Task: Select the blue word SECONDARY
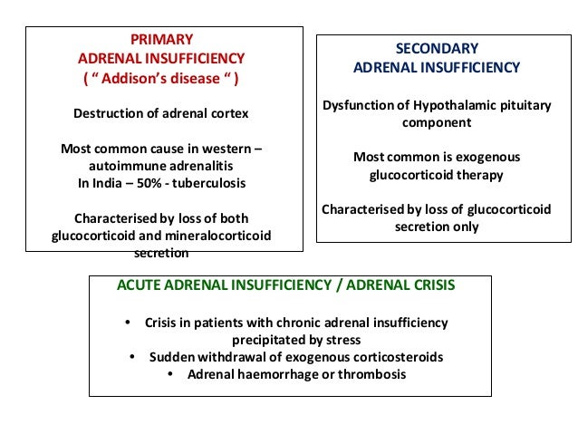click(436, 48)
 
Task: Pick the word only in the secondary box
click(466, 227)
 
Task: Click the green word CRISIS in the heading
click(429, 285)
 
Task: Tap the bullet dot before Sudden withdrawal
click(133, 357)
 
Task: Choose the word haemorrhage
click(275, 374)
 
